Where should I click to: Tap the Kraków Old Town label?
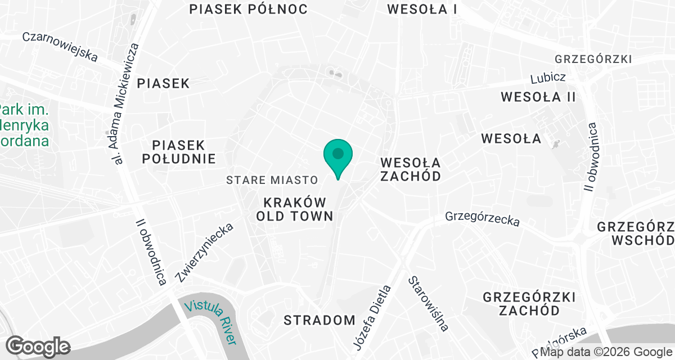(x=295, y=209)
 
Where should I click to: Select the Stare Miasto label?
(x=272, y=180)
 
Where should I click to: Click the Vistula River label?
(x=211, y=321)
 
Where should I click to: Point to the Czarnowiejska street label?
(x=60, y=46)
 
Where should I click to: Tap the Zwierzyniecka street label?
(x=204, y=253)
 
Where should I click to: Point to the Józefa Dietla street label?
(x=371, y=318)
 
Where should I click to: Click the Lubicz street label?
(x=548, y=77)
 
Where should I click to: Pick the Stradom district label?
(x=319, y=320)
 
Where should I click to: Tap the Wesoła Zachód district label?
(x=410, y=169)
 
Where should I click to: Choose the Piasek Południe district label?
(x=178, y=152)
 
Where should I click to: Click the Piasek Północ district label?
(x=248, y=9)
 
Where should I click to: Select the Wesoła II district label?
(x=538, y=97)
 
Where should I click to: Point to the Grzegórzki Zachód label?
(x=529, y=303)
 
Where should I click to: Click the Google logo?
(x=38, y=346)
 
